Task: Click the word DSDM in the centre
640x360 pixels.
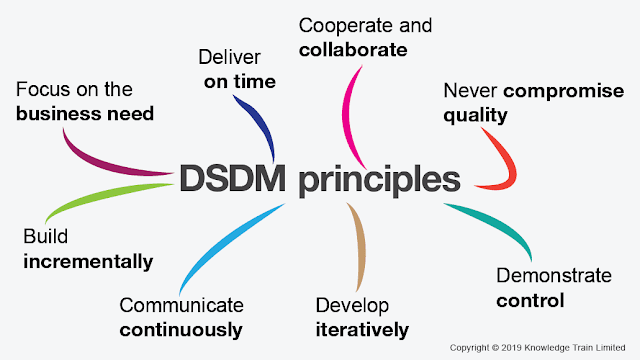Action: pos(233,179)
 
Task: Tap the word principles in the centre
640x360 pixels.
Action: pos(379,181)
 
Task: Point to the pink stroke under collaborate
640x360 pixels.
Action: pos(354,110)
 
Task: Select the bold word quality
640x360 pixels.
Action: pos(475,115)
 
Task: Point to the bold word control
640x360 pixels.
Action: pos(530,300)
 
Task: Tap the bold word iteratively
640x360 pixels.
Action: pos(362,329)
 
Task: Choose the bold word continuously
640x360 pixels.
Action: pos(181,329)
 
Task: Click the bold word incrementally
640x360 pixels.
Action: pos(88,262)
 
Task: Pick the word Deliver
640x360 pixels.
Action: pos(229,57)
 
